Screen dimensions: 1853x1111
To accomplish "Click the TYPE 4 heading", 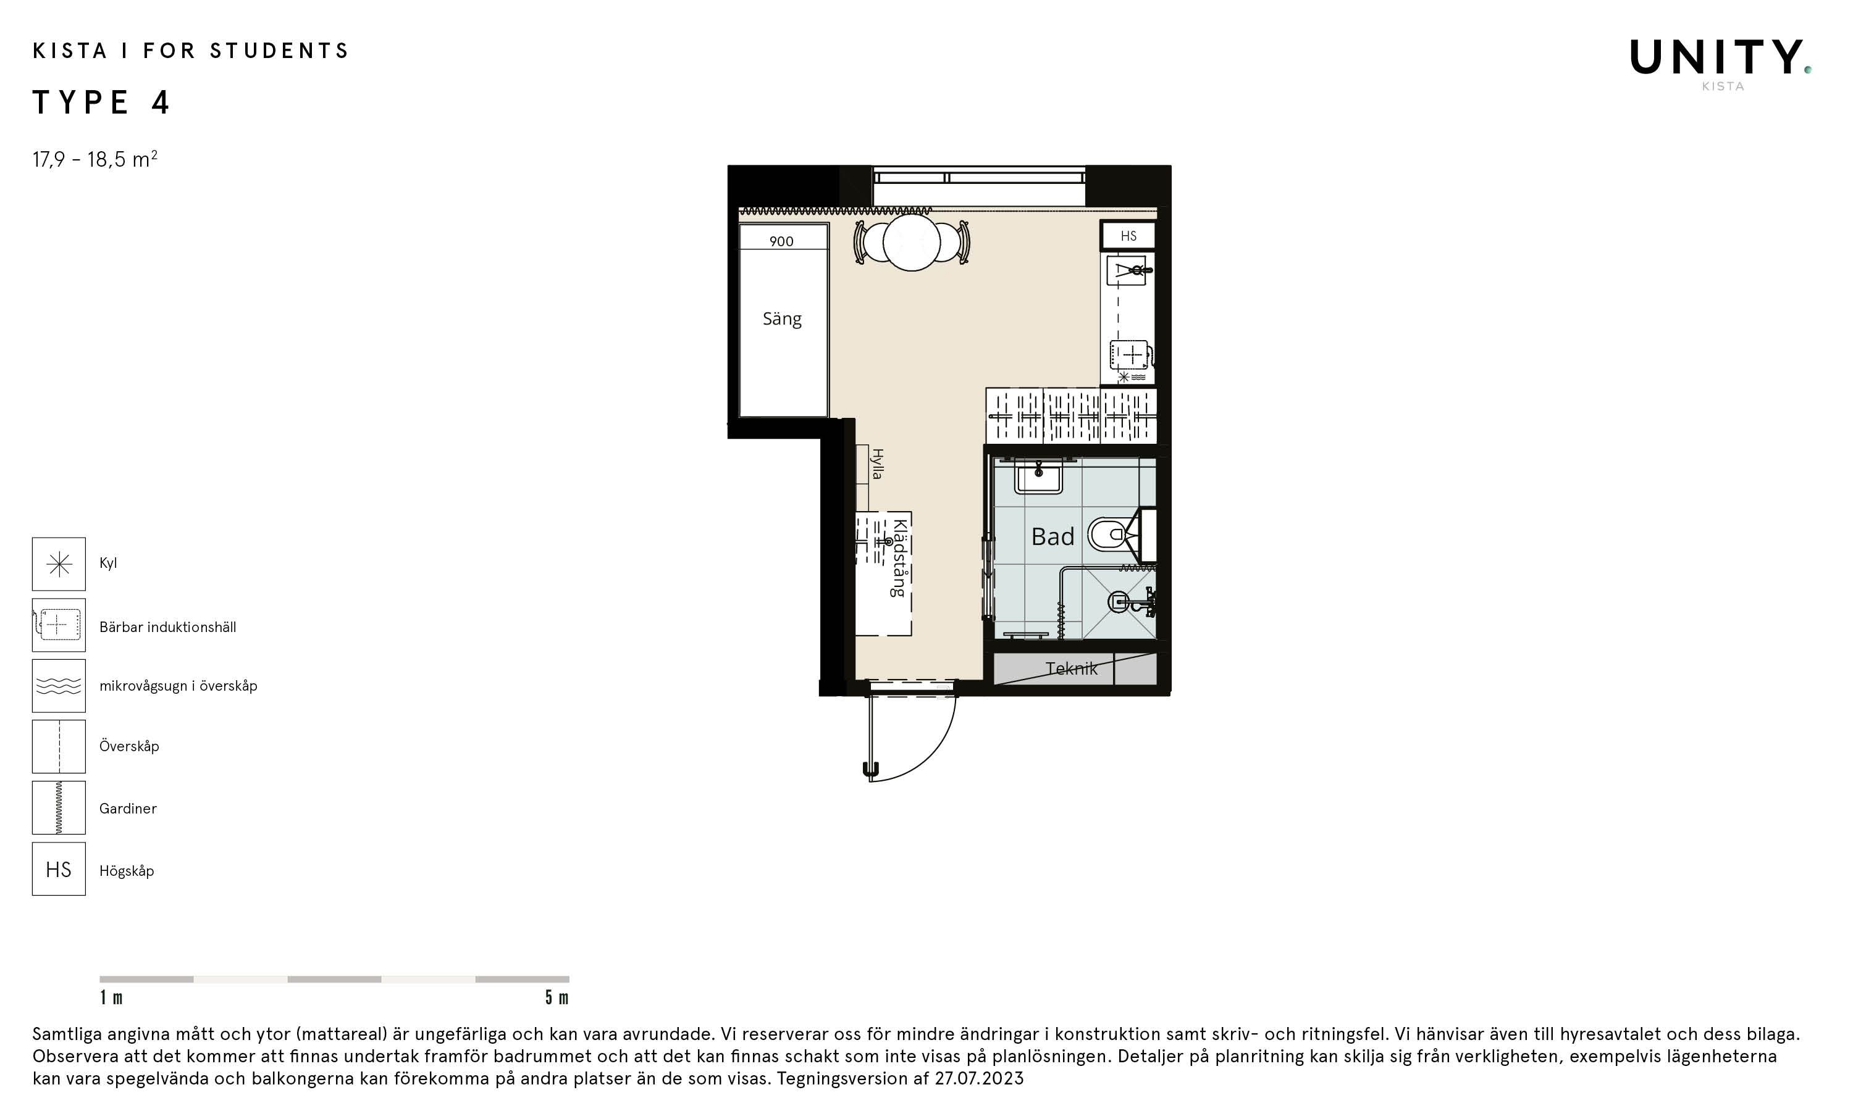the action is tap(101, 102).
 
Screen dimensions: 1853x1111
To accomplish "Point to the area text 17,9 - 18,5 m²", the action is tap(95, 159).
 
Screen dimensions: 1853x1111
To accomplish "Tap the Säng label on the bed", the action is tap(782, 319).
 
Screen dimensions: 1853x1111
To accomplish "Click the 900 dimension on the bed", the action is tap(781, 241).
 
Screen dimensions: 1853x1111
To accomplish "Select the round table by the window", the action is tap(912, 243).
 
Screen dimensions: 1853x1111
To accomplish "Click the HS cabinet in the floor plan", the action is tap(1128, 236).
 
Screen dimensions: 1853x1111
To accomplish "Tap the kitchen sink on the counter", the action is tap(1128, 270).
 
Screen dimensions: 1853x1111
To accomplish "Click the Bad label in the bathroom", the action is tap(1053, 537).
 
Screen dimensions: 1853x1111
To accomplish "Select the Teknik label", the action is tap(1071, 668).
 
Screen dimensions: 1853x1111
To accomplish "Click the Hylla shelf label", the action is tap(877, 464).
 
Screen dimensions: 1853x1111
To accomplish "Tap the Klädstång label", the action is tap(899, 558).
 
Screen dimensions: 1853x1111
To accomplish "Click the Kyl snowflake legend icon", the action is tap(59, 564).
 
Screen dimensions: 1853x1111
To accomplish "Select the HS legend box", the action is tap(59, 869).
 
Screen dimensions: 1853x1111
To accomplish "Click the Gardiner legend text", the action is tap(128, 809).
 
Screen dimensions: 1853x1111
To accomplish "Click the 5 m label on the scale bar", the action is tap(557, 997).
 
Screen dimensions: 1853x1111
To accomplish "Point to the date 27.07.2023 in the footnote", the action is tap(979, 1078).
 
